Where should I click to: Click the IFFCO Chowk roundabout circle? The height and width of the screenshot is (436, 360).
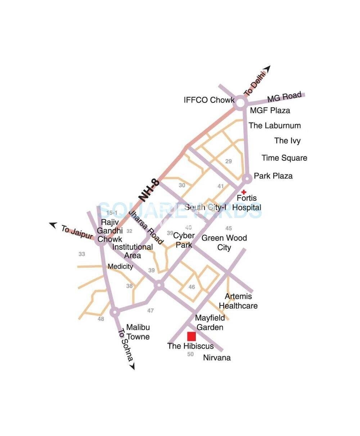[240, 103]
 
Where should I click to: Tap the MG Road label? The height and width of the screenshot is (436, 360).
[284, 97]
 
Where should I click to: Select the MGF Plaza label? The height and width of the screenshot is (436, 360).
[270, 110]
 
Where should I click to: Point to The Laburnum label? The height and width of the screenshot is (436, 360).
[275, 126]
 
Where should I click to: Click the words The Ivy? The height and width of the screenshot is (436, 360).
[287, 141]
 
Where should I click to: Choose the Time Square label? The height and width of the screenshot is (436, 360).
[284, 158]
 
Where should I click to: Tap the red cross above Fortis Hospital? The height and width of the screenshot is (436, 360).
[244, 192]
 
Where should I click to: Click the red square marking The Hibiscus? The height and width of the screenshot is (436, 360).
[191, 336]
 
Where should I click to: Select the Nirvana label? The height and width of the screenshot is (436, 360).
[217, 358]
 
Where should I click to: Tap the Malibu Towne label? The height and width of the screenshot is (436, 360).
[138, 332]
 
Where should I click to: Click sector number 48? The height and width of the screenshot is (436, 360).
[101, 319]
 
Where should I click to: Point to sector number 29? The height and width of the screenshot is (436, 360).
[229, 162]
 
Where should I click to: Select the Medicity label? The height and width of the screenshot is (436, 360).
[120, 267]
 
